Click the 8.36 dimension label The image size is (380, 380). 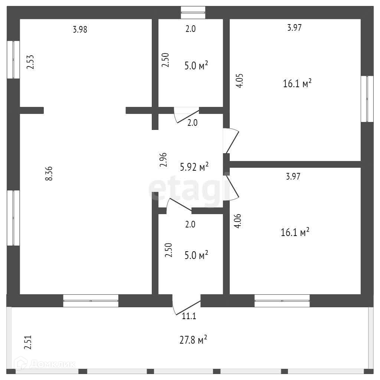click(49, 173)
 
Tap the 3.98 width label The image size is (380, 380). click(80, 29)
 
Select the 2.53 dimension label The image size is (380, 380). click(30, 62)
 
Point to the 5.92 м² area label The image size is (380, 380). click(194, 167)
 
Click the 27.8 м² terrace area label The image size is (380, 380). click(193, 340)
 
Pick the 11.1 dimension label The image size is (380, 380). click(189, 316)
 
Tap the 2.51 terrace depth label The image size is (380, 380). click(28, 342)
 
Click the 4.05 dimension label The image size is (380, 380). click(239, 81)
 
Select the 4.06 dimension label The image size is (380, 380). click(237, 221)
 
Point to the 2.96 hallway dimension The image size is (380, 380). click(163, 160)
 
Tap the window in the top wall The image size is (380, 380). click(193, 12)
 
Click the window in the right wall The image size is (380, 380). click(367, 99)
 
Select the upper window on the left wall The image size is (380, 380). click(13, 60)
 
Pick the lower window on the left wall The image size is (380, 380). click(13, 218)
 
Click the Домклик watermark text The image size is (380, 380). click(53, 364)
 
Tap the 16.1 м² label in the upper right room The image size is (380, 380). click(297, 83)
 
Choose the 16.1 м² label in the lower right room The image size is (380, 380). click(295, 232)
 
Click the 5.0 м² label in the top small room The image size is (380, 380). click(196, 65)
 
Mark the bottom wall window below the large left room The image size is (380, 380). click(91, 301)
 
